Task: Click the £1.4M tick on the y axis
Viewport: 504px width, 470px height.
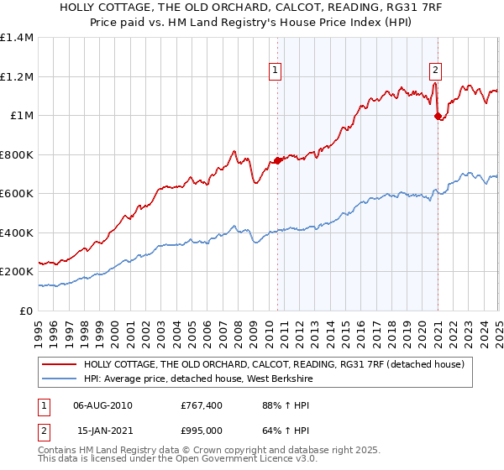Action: pos(17,38)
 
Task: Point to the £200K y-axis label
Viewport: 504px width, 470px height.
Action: pos(16,272)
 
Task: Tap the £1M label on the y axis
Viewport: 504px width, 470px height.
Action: pos(21,116)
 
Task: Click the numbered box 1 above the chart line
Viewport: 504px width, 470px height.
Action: pos(276,70)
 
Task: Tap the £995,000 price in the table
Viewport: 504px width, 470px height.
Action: pos(202,430)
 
